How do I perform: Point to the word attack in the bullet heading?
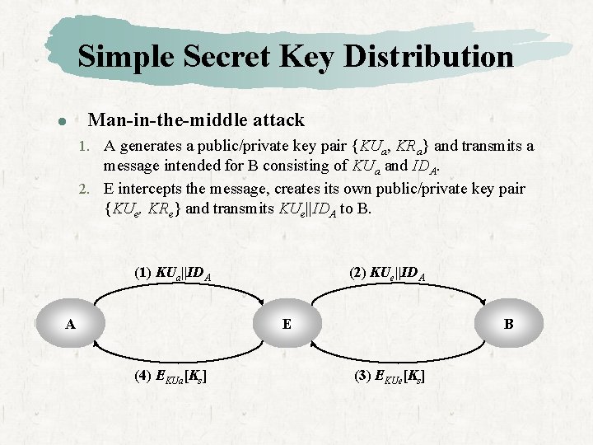point(278,120)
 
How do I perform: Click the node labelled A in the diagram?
point(71,325)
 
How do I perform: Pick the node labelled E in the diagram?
point(286,324)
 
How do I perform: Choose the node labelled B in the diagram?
point(508,325)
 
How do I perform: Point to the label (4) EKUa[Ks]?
point(170,377)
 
